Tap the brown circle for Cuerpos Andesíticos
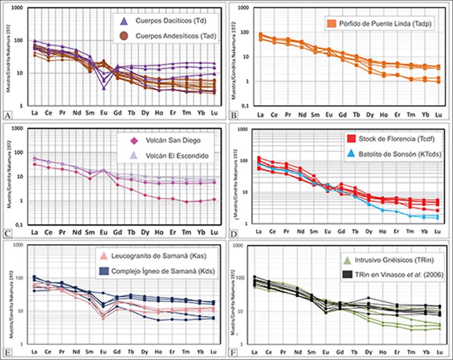124,35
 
